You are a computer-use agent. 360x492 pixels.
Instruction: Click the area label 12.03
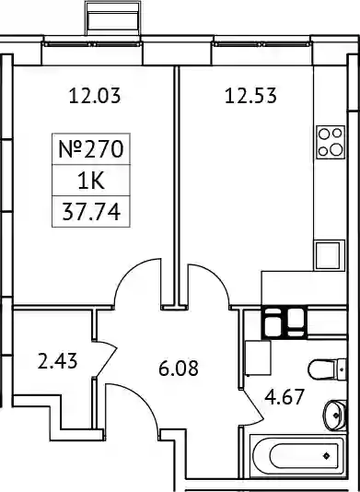pos(95,96)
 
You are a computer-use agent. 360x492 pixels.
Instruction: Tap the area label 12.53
pos(250,96)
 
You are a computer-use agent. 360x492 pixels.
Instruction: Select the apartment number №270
pos(91,149)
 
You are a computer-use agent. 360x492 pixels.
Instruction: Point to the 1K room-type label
pos(91,182)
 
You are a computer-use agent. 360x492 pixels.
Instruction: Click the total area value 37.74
pos(91,212)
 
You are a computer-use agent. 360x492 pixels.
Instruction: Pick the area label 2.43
pos(57,361)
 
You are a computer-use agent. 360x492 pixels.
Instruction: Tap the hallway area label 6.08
pos(179,369)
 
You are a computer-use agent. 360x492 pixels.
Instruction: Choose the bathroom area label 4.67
pos(285,397)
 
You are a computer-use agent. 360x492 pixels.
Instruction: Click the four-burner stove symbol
pos(331,142)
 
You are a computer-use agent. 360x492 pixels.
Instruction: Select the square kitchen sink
pos(328,255)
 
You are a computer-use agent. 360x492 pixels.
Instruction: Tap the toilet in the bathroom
pos(327,369)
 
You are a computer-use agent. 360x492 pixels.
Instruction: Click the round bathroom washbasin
pos(334,416)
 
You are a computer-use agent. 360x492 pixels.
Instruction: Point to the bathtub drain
pos(327,455)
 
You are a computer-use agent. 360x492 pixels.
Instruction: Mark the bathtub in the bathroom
pos(297,455)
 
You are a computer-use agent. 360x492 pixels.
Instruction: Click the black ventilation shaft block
pos(285,322)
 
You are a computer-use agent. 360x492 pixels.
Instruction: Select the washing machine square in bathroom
pos(258,358)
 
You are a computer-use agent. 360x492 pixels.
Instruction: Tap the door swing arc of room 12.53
pos(216,275)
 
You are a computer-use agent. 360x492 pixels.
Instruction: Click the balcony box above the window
pos(113,18)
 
